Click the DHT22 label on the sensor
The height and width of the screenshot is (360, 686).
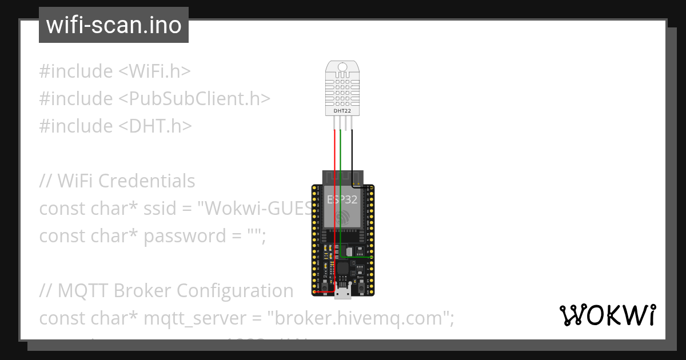click(x=342, y=110)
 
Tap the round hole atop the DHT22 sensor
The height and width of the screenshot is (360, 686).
click(x=342, y=67)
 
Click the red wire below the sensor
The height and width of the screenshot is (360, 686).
click(x=335, y=154)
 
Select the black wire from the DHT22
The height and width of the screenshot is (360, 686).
click(x=352, y=154)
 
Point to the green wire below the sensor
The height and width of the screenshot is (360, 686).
click(x=341, y=154)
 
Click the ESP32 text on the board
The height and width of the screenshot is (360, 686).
click(x=342, y=199)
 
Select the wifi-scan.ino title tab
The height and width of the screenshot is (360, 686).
click(x=114, y=25)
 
